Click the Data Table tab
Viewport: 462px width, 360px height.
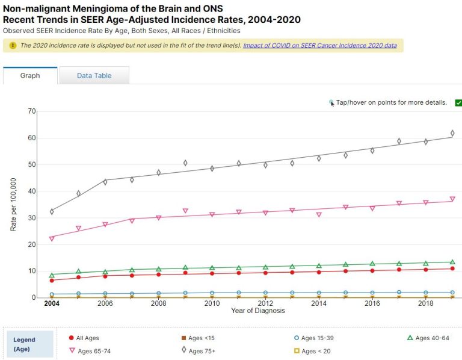pyautogui.click(x=94, y=76)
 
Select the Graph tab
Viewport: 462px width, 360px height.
pyautogui.click(x=30, y=76)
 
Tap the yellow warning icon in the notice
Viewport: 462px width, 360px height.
pyautogui.click(x=13, y=45)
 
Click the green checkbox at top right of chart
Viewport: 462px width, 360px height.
pyautogui.click(x=458, y=103)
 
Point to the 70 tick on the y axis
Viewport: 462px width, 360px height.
pyautogui.click(x=32, y=111)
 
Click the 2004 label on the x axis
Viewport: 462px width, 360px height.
pyautogui.click(x=52, y=303)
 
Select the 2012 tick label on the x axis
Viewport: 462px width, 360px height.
pyautogui.click(x=265, y=303)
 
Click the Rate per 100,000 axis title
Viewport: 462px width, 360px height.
pyautogui.click(x=14, y=205)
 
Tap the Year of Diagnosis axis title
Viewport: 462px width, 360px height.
pyautogui.click(x=258, y=311)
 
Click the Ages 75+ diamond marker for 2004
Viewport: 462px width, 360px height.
pyautogui.click(x=52, y=211)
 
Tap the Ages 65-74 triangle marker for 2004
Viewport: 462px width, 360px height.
pyautogui.click(x=52, y=238)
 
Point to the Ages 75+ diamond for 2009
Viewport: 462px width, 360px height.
pyautogui.click(x=185, y=163)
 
